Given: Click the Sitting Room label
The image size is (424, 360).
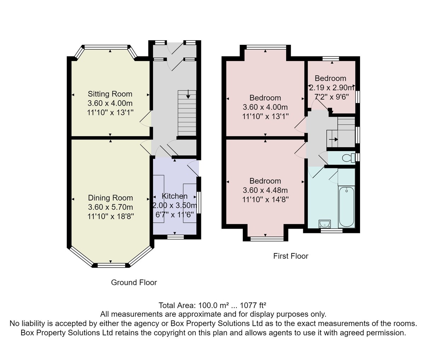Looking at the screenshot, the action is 110,94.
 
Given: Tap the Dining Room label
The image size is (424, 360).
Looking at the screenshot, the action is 110,198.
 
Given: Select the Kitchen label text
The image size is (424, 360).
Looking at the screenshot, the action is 175,196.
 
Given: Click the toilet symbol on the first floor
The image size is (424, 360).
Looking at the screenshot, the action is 348,158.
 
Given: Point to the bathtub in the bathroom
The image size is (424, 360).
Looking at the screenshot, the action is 347,207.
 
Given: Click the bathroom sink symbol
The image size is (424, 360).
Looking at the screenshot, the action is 324,224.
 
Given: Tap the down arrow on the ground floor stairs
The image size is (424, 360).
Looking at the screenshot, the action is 188,95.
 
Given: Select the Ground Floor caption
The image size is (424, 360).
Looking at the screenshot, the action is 134,283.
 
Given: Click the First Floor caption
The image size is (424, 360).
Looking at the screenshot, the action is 291,256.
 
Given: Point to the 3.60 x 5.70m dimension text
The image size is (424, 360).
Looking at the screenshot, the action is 110,207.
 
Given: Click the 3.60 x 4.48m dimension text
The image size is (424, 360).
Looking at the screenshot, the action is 265,190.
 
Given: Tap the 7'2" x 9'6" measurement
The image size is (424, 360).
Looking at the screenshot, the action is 332,97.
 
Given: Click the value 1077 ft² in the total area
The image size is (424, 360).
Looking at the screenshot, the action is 253,306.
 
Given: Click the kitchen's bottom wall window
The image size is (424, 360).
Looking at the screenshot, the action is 175,237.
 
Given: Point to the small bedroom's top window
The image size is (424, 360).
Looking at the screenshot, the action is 331,59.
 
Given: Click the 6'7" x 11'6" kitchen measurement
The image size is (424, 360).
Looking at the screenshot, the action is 175,215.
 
